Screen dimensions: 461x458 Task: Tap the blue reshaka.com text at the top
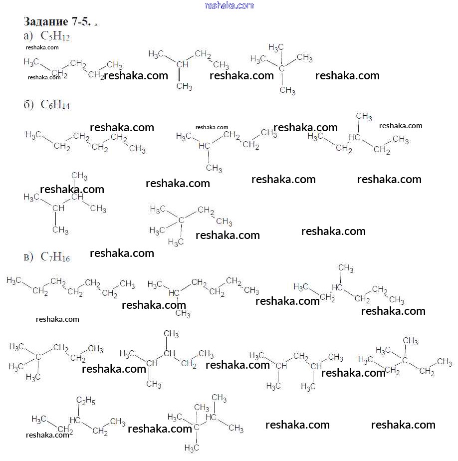pyautogui.click(x=229, y=5)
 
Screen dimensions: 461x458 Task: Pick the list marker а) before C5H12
pyautogui.click(x=28, y=36)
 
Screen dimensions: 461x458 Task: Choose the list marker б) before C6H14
pyautogui.click(x=28, y=105)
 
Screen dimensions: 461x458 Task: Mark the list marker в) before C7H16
pyautogui.click(x=28, y=257)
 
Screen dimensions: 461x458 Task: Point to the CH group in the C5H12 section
pyautogui.click(x=183, y=65)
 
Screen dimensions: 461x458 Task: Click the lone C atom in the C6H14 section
pyautogui.click(x=181, y=219)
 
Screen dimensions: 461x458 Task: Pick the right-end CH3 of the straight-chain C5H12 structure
pyautogui.click(x=115, y=65)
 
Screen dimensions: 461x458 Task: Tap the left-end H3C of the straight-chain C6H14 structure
pyautogui.click(x=32, y=135)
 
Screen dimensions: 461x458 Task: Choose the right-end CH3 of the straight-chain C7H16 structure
pyautogui.click(x=127, y=284)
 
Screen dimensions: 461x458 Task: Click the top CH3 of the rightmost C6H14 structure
pyautogui.click(x=364, y=117)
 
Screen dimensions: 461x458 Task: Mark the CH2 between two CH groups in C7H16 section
pyautogui.click(x=301, y=356)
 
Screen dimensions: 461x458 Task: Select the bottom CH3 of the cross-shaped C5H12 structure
pyautogui.click(x=287, y=91)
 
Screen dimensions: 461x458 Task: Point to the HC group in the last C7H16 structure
pyautogui.click(x=212, y=416)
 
